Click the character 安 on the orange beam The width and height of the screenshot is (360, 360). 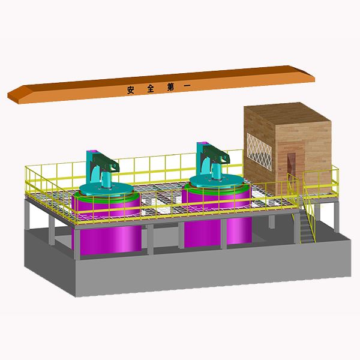coord(130,90)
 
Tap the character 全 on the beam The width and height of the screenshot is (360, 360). coord(151,88)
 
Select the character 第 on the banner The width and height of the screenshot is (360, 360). coord(170,87)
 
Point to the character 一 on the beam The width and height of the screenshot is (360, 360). coord(187,86)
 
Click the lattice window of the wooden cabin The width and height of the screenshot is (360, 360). coord(259,152)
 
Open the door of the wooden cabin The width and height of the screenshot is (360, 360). coord(291,167)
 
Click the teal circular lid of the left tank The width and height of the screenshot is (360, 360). coord(106,190)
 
